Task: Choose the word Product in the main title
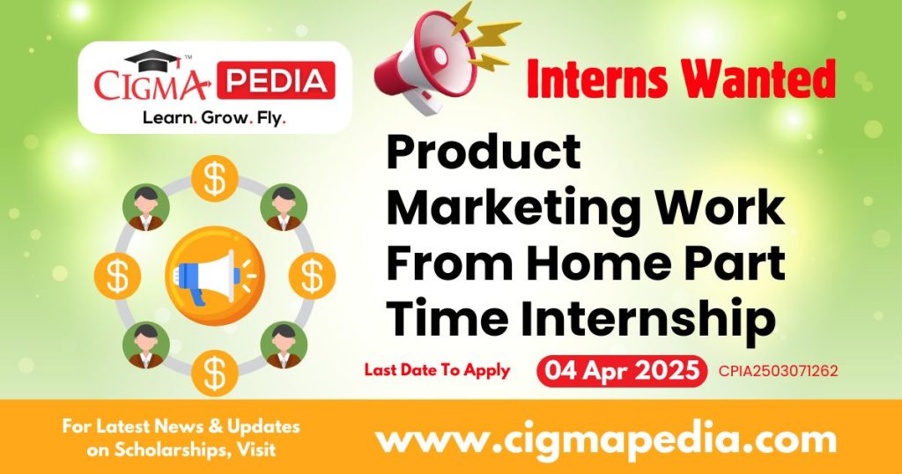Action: click(x=484, y=154)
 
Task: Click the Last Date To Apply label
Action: click(x=437, y=370)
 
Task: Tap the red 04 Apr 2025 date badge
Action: click(x=621, y=371)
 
